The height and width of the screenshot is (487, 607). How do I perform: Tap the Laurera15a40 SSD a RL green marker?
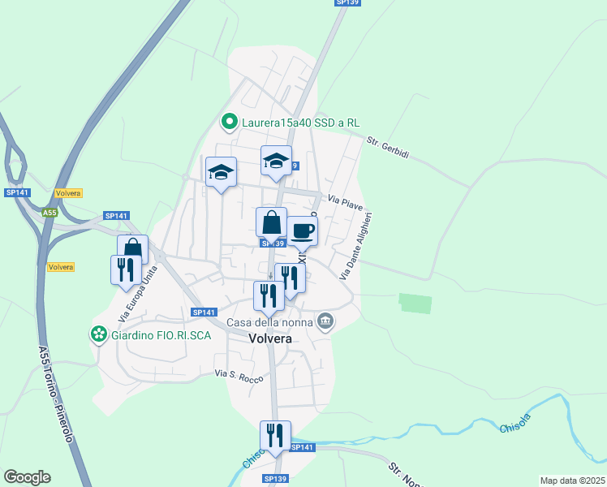[x=230, y=123]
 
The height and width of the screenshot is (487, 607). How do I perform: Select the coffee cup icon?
[x=303, y=231]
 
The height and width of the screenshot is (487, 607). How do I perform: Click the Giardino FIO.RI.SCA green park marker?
[x=99, y=334]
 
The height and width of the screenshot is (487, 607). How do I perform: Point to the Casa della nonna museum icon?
[x=325, y=322]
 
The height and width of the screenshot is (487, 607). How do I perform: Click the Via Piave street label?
[x=345, y=200]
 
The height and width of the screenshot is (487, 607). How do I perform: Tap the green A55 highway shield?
[x=50, y=213]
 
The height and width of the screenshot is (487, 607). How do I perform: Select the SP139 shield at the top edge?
[x=347, y=3]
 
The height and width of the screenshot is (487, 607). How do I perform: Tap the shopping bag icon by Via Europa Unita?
[x=132, y=248]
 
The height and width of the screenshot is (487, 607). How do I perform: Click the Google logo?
[x=27, y=477]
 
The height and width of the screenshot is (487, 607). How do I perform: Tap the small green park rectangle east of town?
[x=415, y=303]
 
